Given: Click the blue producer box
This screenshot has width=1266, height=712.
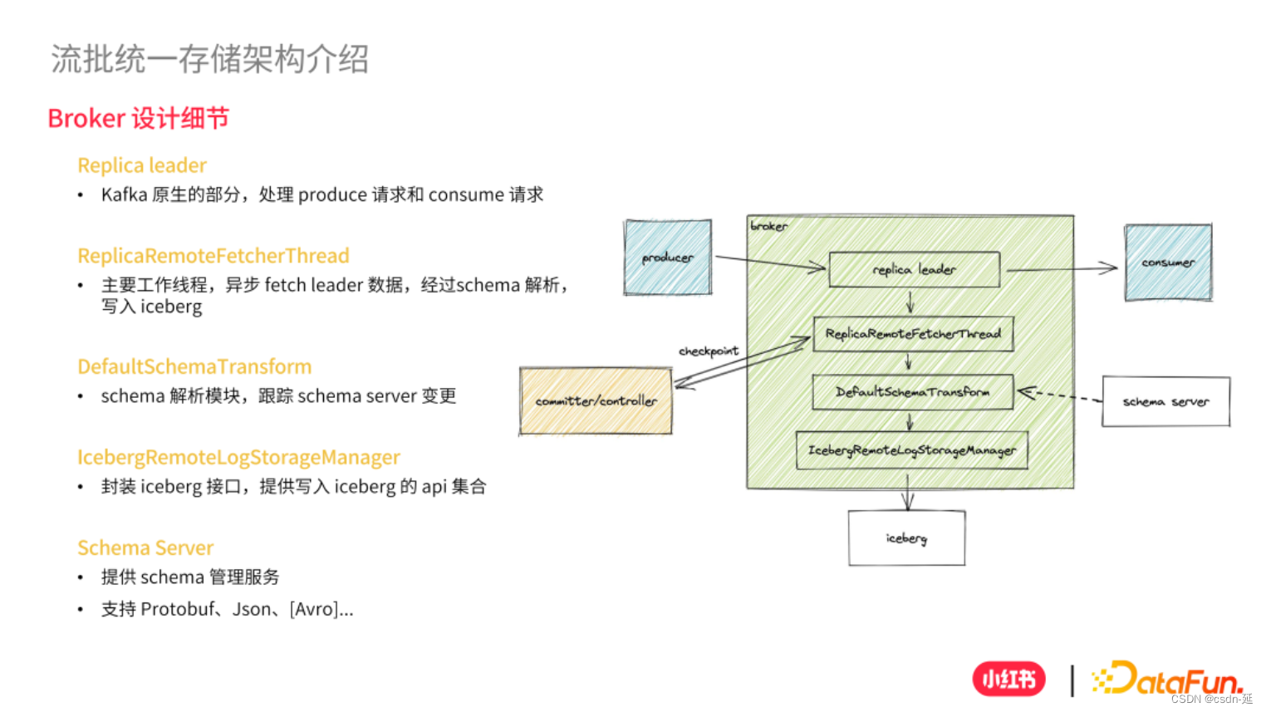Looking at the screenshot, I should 668,258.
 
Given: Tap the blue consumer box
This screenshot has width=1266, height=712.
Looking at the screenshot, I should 1168,263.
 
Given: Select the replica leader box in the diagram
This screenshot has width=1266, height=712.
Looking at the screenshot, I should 914,270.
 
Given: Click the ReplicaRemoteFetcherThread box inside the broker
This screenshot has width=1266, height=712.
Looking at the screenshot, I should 913,334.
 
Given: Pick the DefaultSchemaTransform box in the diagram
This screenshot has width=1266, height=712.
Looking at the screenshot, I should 912,392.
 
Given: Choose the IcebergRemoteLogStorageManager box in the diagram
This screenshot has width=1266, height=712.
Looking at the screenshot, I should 911,450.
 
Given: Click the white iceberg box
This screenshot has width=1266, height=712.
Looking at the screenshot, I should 906,538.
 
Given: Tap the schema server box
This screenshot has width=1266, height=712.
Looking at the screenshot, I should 1165,402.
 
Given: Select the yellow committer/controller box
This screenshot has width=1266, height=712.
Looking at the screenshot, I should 596,401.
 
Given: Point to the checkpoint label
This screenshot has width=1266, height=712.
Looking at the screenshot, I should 708,351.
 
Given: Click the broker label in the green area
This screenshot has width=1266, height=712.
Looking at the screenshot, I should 768,226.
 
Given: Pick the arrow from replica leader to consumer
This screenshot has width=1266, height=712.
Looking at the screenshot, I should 1062,268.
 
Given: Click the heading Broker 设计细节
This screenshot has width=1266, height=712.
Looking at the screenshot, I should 138,119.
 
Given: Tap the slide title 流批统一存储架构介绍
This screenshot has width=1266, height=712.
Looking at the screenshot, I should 209,59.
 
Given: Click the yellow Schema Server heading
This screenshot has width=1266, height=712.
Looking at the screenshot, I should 145,548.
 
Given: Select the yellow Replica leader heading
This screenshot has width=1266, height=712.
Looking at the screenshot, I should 142,165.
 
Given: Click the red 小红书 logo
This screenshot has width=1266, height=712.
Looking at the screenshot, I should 1008,680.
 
